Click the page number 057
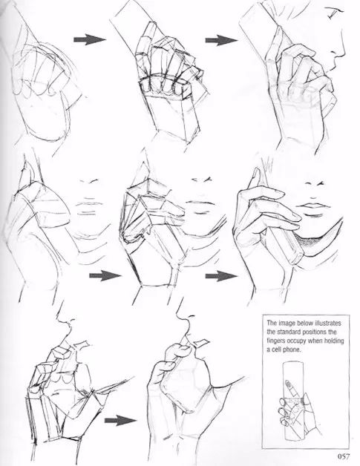(x=344, y=456)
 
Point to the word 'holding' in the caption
(x=333, y=341)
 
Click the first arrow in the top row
(x=90, y=39)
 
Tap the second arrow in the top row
(x=221, y=40)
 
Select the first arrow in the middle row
(x=105, y=276)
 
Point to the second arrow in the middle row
(x=221, y=276)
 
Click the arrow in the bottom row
(x=120, y=421)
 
